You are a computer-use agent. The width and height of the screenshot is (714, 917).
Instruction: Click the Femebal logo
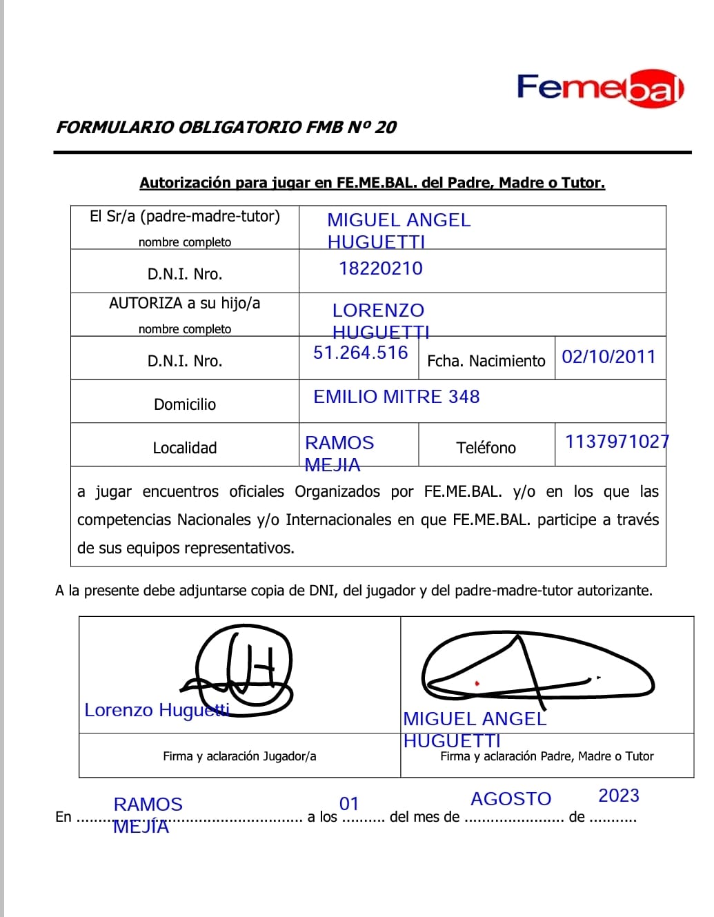click(x=599, y=88)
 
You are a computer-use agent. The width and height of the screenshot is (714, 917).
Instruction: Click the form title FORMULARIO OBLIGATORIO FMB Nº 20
click(x=226, y=127)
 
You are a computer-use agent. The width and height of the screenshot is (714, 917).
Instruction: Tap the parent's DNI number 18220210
click(x=381, y=268)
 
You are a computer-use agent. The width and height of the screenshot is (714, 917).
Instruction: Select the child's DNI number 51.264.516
click(x=361, y=353)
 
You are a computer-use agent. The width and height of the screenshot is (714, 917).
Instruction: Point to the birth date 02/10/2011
click(x=608, y=357)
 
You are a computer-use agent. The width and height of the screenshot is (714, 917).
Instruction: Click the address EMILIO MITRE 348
click(x=397, y=397)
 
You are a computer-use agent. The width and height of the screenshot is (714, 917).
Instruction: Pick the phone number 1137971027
click(x=617, y=442)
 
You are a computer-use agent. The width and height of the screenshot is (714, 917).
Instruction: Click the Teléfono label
click(x=486, y=448)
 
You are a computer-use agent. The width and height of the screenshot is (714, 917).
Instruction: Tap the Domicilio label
click(x=185, y=404)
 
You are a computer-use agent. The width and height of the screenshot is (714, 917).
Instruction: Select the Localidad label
click(x=185, y=448)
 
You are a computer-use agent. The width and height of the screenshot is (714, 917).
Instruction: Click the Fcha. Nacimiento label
click(x=486, y=361)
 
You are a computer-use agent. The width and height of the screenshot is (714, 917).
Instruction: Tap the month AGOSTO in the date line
click(x=511, y=799)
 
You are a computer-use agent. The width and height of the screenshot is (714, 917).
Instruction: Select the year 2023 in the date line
click(x=619, y=796)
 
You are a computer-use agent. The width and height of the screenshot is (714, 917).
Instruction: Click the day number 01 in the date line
click(x=349, y=804)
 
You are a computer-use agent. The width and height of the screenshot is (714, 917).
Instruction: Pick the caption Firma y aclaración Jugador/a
click(x=239, y=756)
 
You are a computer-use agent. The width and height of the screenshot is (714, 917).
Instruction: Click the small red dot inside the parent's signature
click(x=477, y=683)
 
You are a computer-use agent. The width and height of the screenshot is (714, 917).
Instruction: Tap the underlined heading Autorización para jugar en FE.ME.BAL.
click(x=372, y=183)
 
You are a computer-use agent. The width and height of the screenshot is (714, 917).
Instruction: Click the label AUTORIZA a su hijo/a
click(x=185, y=303)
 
